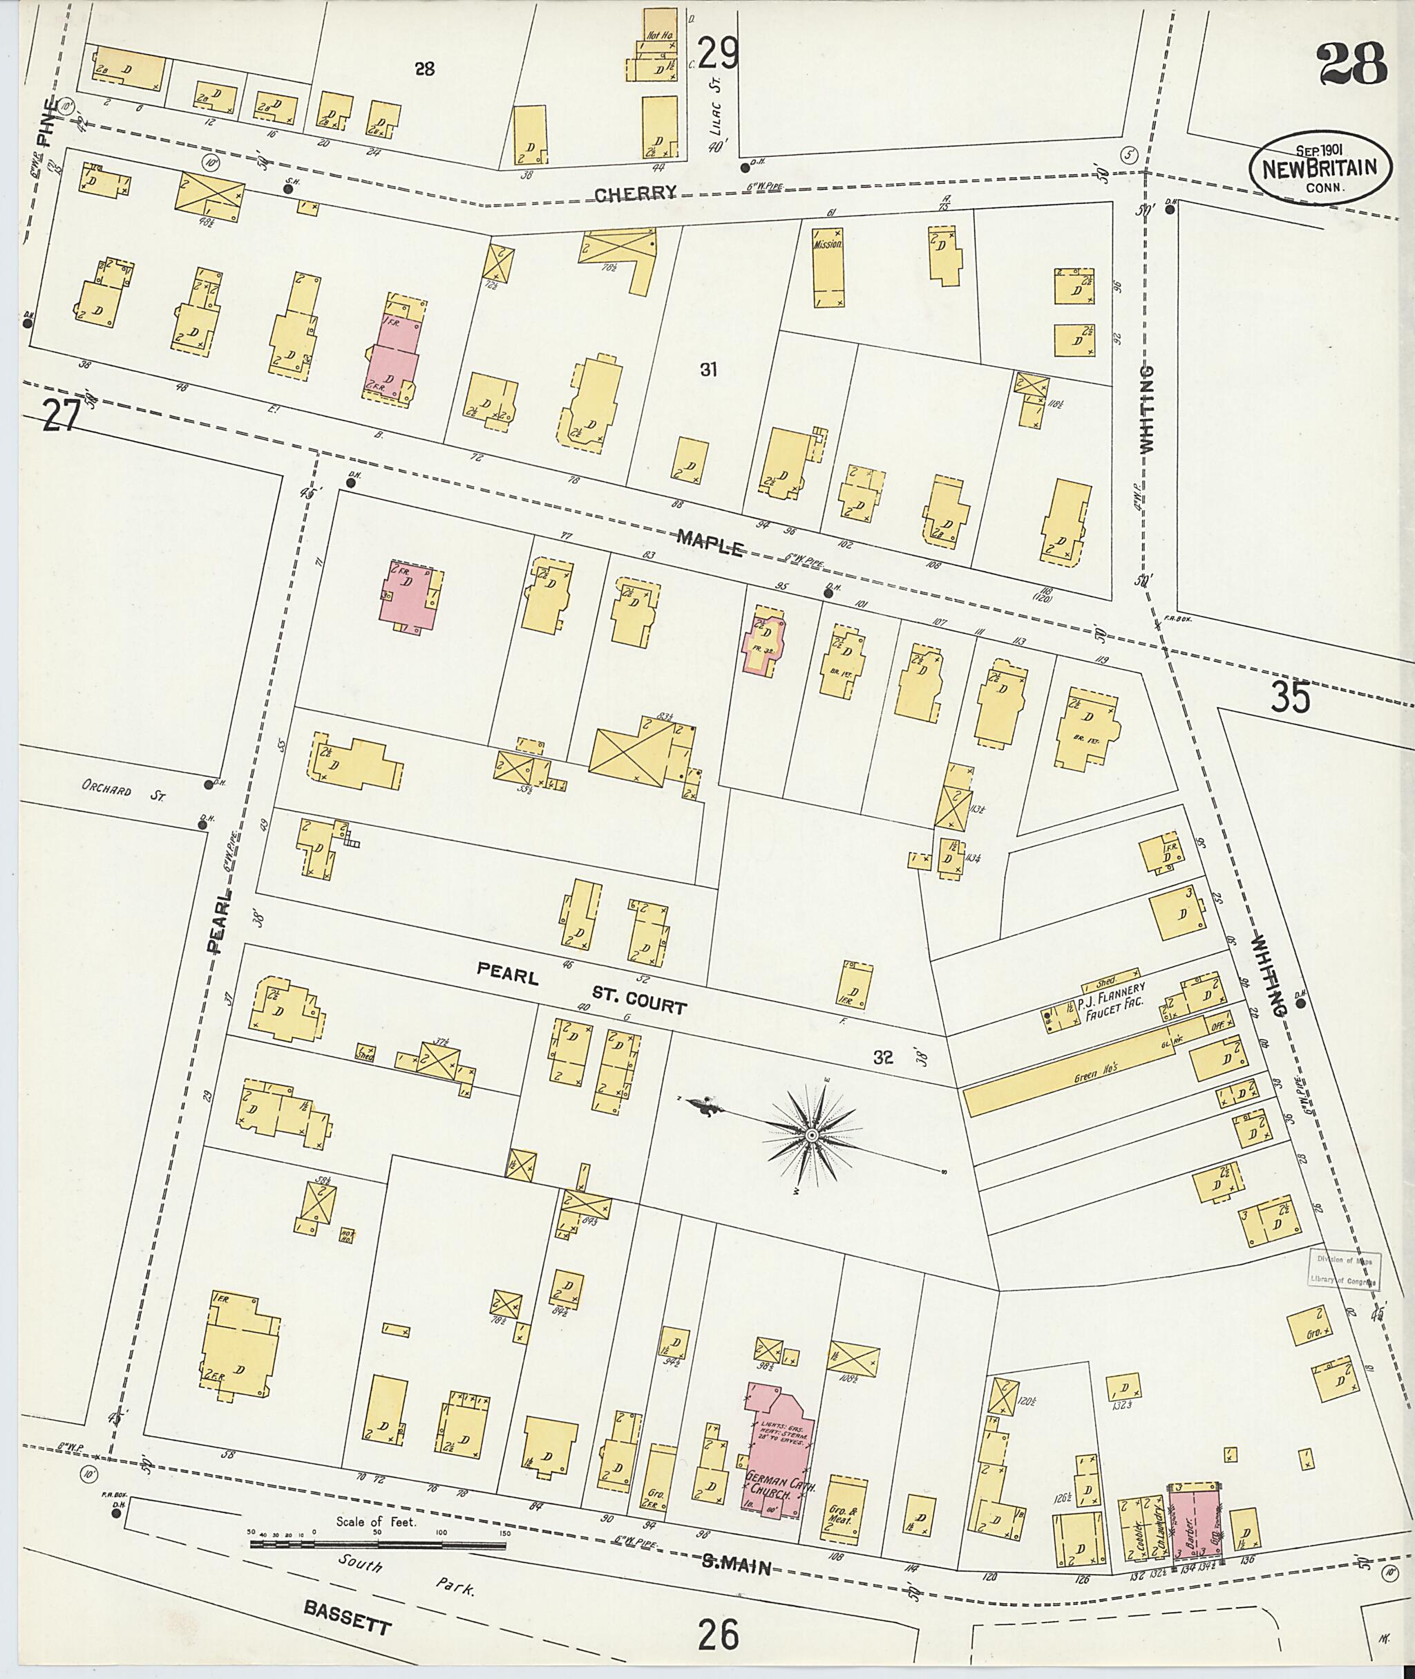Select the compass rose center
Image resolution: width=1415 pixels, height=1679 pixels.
tap(811, 1135)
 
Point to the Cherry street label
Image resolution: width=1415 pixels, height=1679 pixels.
tap(636, 193)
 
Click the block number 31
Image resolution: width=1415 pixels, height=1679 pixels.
tap(707, 370)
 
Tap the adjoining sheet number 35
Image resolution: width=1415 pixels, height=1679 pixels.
tap(1291, 696)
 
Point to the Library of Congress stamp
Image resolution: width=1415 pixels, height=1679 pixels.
tap(1345, 1269)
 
